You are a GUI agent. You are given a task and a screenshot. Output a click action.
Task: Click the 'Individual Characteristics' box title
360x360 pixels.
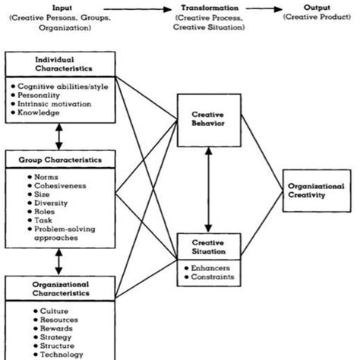click(x=60, y=64)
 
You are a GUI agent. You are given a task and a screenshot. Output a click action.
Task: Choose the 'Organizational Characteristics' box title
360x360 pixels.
click(x=60, y=289)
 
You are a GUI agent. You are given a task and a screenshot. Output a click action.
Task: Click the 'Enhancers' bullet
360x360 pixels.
click(x=209, y=268)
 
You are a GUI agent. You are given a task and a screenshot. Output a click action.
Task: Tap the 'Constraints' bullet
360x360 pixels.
click(x=210, y=278)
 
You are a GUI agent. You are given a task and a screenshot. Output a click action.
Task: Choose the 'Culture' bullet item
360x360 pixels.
click(x=49, y=311)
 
